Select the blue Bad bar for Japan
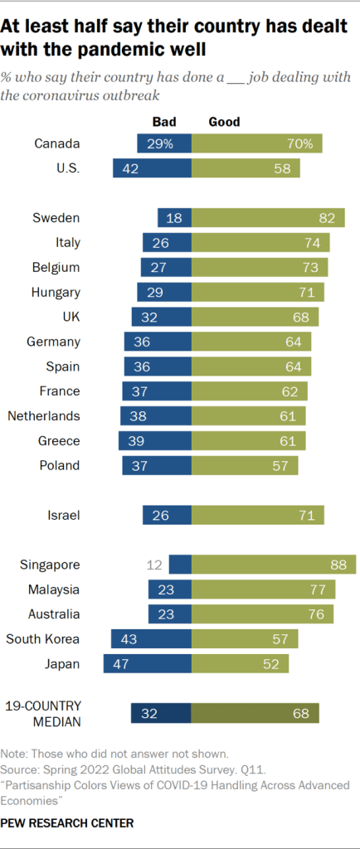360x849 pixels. [x=147, y=663]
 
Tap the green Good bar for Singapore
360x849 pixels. [x=274, y=565]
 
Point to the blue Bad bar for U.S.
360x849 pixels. [x=152, y=169]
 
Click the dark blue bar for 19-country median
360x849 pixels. [x=161, y=714]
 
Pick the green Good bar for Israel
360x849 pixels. [x=258, y=516]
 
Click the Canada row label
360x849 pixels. [x=56, y=144]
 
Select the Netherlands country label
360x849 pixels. [x=43, y=415]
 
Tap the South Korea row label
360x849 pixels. [x=43, y=638]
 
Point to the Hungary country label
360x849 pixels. [x=55, y=292]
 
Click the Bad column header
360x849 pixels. [x=164, y=122]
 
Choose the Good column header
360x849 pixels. [x=224, y=122]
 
